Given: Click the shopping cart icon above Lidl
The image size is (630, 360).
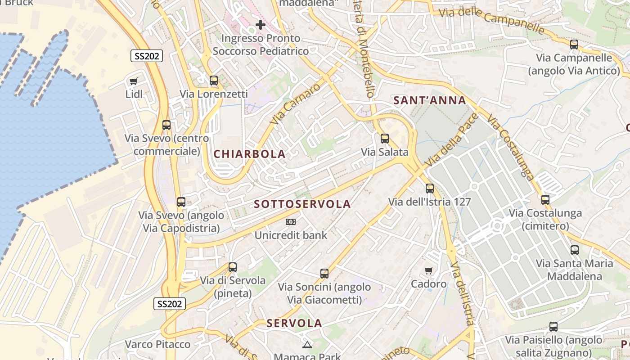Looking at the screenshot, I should coord(133,81).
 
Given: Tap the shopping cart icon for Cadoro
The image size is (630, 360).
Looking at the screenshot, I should coord(429,270).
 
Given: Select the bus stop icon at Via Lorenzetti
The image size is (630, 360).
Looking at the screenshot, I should coord(214,81).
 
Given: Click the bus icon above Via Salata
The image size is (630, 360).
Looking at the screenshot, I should coord(385,139).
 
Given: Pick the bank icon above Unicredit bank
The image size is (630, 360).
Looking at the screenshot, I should coord(291,222).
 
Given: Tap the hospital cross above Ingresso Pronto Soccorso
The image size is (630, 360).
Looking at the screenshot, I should coord(260,25).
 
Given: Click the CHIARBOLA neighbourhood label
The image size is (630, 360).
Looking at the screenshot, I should coord(249,154).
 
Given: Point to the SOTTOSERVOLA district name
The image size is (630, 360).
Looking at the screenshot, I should coord(302,204).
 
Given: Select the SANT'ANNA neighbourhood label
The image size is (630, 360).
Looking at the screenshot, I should coord(430,100).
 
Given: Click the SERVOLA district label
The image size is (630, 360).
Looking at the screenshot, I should coord(294,323).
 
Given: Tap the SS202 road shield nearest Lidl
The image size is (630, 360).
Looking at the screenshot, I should coord(147,56).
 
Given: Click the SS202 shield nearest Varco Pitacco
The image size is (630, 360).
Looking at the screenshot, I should coord(170,304).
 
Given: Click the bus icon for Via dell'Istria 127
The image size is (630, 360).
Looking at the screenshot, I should coord(430,189).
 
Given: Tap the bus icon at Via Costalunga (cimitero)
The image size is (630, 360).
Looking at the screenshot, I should coord(545,200).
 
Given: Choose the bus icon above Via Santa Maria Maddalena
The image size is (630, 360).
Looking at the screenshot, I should coord(575,250).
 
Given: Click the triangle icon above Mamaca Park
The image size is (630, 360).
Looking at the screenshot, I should coord(307,345).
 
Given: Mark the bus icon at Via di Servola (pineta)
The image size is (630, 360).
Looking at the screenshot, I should coord(233,267).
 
